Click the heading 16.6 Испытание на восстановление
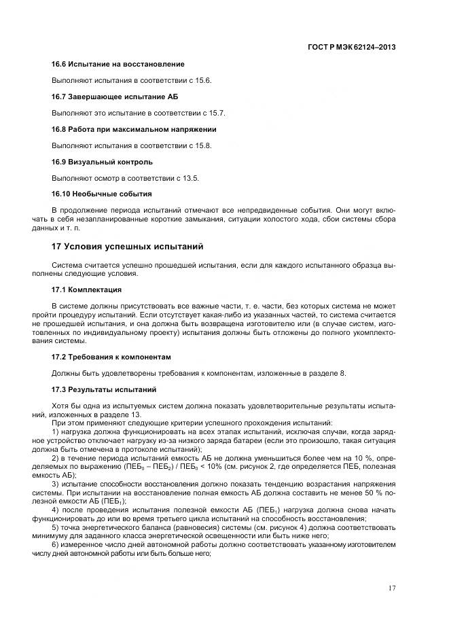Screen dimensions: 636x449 coord(118,64)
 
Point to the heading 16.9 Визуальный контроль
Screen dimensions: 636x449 coord(102,162)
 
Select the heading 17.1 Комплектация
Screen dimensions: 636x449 coord(86,289)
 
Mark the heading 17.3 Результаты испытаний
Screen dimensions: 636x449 coord(104,389)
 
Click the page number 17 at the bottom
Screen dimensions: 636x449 coord(392,588)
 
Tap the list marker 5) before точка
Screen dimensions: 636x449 coord(56,527)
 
